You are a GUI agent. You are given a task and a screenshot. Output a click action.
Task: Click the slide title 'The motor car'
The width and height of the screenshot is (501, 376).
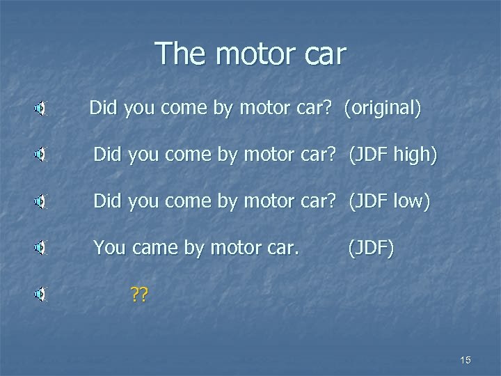point(250,54)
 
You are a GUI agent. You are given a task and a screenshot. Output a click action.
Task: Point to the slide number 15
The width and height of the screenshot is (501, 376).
point(466,359)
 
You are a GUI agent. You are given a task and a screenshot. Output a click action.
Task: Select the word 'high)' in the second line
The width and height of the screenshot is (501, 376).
point(415,155)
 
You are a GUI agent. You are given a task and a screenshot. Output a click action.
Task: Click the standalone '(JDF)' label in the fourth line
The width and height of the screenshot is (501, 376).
point(370,247)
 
